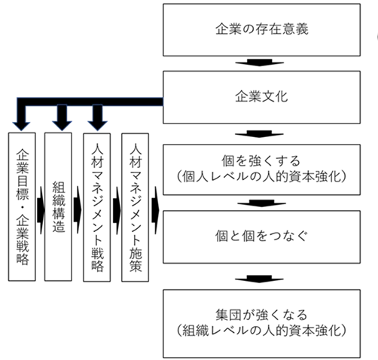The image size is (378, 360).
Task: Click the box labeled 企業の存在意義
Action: [261, 29]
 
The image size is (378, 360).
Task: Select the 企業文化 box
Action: [261, 97]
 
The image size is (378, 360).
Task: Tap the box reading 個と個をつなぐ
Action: [261, 236]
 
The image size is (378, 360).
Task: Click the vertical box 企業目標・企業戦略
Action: [22, 206]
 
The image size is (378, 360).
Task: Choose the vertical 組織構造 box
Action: [58, 206]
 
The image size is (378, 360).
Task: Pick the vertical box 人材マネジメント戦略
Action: [97, 207]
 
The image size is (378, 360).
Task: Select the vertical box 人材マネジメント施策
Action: [136, 207]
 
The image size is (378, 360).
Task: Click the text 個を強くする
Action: [261, 160]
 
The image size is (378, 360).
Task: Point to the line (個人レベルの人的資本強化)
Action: [261, 177]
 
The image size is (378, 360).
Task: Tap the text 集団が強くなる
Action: [261, 315]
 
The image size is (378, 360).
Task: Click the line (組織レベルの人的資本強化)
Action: [261, 331]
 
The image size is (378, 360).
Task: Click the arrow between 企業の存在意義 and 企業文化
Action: [260, 63]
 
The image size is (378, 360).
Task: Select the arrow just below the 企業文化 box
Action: [259, 134]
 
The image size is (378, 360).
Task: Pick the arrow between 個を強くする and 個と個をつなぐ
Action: [261, 203]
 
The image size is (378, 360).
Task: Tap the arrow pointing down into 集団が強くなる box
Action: [259, 279]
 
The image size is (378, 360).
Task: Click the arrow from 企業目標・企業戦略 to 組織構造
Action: [41, 210]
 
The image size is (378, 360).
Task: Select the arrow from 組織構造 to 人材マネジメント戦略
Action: [78, 210]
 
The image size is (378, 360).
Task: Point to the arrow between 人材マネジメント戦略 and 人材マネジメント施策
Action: [117, 210]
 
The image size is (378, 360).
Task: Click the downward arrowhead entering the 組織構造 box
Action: [62, 126]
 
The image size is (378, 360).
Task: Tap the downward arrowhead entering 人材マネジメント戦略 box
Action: [98, 126]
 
